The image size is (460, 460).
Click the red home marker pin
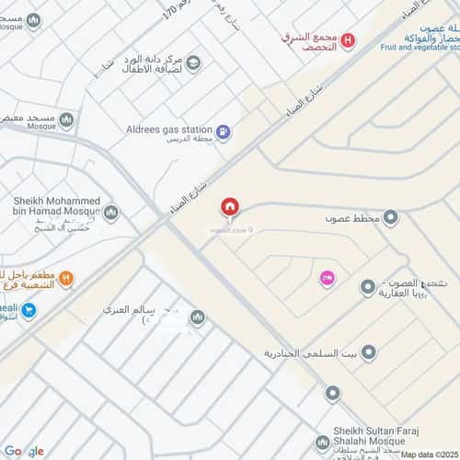click(x=229, y=207)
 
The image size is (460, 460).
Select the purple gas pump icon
click(x=225, y=132)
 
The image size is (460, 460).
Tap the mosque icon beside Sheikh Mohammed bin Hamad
click(x=112, y=213)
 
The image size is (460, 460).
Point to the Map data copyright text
click(x=427, y=454)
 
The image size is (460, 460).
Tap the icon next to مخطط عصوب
click(x=391, y=218)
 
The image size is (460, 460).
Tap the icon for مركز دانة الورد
click(x=193, y=63)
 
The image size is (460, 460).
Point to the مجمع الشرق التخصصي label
click(x=309, y=40)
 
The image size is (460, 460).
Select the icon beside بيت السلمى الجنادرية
click(x=370, y=352)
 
